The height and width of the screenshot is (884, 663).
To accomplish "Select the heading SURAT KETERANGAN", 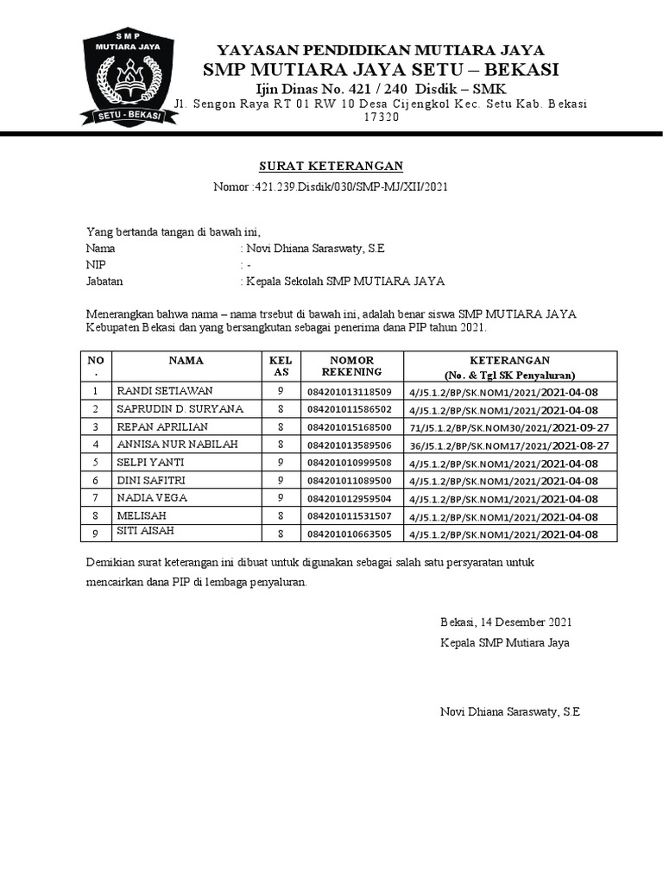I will [x=331, y=166].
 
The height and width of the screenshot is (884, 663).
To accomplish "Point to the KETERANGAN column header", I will [x=509, y=366].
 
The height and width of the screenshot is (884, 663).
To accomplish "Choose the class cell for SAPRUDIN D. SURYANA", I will [x=281, y=409].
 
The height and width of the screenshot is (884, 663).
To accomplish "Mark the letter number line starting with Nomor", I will [x=331, y=186].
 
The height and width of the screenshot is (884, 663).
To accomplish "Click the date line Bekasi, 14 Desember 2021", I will [x=505, y=622].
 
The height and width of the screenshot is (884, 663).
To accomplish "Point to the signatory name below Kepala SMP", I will [x=509, y=712].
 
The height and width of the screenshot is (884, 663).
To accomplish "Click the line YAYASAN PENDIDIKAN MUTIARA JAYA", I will [x=380, y=49].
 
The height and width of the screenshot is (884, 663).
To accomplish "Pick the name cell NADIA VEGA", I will [x=146, y=498].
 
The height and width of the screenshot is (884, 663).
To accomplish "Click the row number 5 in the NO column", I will [x=96, y=463].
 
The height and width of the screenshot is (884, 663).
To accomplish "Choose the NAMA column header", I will [x=186, y=360].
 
